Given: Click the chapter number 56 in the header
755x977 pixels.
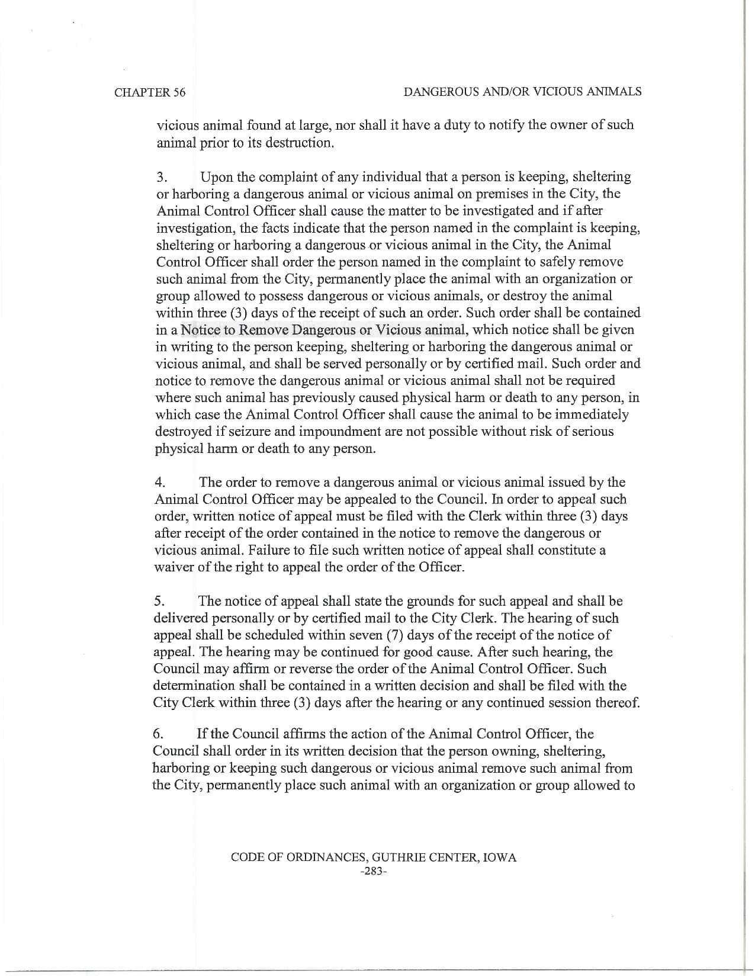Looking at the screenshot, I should pyautogui.click(x=178, y=92).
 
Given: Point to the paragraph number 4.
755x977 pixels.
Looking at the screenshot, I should pyautogui.click(x=160, y=483).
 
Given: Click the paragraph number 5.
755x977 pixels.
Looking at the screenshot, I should pyautogui.click(x=159, y=602).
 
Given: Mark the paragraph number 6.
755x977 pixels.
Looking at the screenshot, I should pyautogui.click(x=158, y=734).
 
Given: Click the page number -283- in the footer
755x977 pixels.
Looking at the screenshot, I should pyautogui.click(x=373, y=872).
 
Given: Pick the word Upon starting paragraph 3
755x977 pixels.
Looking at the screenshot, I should pyautogui.click(x=216, y=177).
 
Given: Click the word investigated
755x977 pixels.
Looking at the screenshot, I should pyautogui.click(x=507, y=211).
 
